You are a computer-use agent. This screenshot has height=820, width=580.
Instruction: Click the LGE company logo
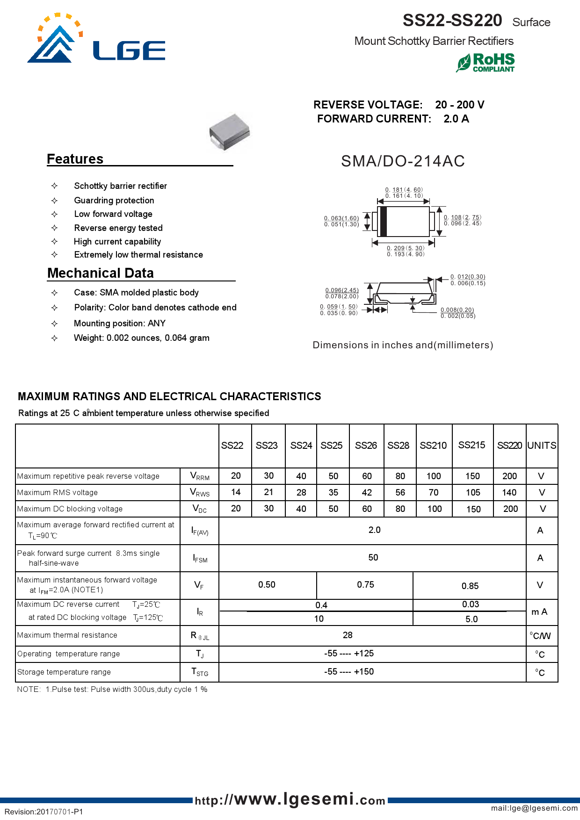coord(96,40)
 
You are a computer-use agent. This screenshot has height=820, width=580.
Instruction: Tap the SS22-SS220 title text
coord(452,21)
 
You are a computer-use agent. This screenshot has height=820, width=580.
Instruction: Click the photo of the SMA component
coord(230,132)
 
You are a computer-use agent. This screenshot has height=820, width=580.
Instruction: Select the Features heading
coord(75,159)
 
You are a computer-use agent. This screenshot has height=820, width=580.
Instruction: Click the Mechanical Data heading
coord(101,273)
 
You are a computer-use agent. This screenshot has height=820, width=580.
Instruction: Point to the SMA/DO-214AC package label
coord(403,161)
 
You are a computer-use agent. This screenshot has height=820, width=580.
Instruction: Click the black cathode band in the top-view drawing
coord(384,222)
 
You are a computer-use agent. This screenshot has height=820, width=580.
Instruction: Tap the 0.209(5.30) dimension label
coord(406,248)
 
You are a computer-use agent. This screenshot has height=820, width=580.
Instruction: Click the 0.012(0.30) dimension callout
coord(468,277)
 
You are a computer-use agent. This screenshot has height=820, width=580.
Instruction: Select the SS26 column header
coord(366,446)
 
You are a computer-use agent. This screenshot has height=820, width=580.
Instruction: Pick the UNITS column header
coord(542,446)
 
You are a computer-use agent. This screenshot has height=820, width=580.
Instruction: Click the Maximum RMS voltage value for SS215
coord(472,492)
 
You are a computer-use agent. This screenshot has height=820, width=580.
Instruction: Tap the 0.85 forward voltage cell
coord(470,586)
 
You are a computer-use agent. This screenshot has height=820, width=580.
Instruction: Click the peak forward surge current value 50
coord(373,558)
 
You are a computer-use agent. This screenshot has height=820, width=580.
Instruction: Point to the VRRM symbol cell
coord(200,476)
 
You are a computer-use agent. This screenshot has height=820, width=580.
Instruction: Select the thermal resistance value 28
coord(348,635)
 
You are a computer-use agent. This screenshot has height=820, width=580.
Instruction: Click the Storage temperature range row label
coord(64,672)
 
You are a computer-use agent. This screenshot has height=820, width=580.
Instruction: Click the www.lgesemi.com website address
coord(290,799)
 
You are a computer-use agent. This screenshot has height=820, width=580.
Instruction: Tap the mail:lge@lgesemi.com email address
coord(534,808)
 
